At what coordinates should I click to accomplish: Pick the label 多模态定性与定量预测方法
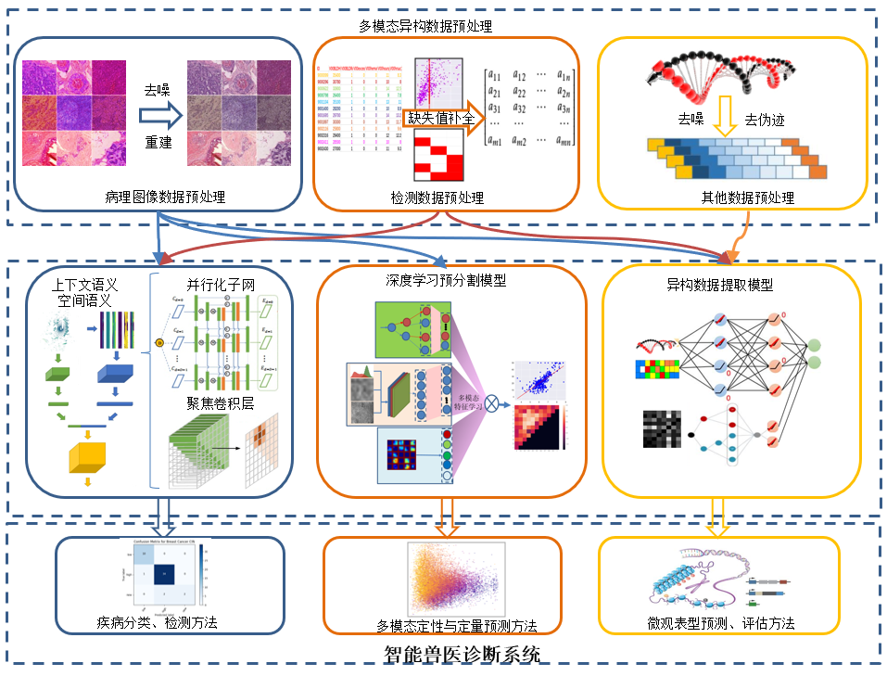pyautogui.click(x=443, y=627)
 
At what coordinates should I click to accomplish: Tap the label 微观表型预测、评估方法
pyautogui.click(x=721, y=623)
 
